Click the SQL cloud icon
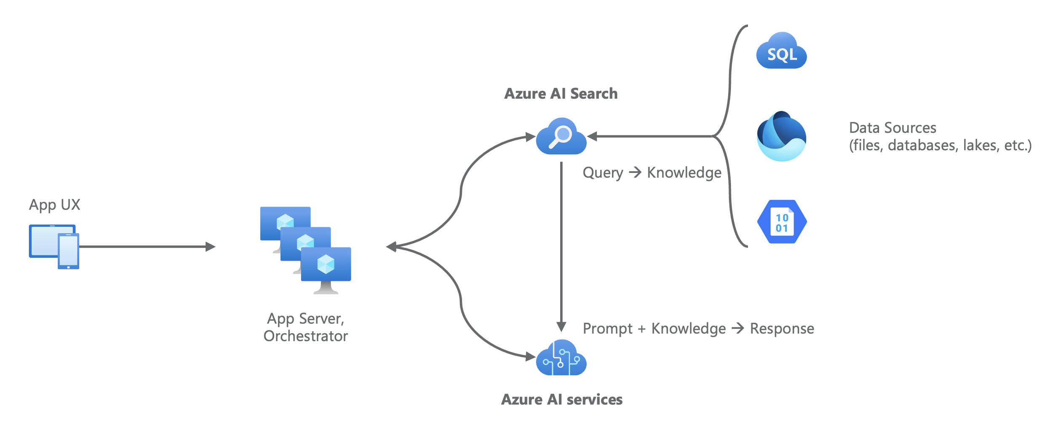tap(781, 51)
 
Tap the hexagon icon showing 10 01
tap(782, 222)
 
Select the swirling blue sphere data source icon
tap(781, 136)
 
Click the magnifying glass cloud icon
tap(561, 137)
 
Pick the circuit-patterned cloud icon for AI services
tap(561, 359)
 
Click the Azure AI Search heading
tap(561, 94)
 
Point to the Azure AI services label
tap(561, 399)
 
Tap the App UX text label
tap(54, 205)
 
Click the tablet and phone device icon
tap(54, 247)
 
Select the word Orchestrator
tap(305, 336)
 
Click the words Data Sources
tap(892, 128)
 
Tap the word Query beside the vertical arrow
tap(602, 173)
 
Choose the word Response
tap(782, 329)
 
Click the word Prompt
tap(607, 329)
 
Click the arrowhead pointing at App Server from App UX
tap(211, 247)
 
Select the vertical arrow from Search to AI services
tap(561, 245)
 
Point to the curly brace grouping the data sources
tap(730, 136)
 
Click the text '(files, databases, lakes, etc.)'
tap(940, 146)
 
